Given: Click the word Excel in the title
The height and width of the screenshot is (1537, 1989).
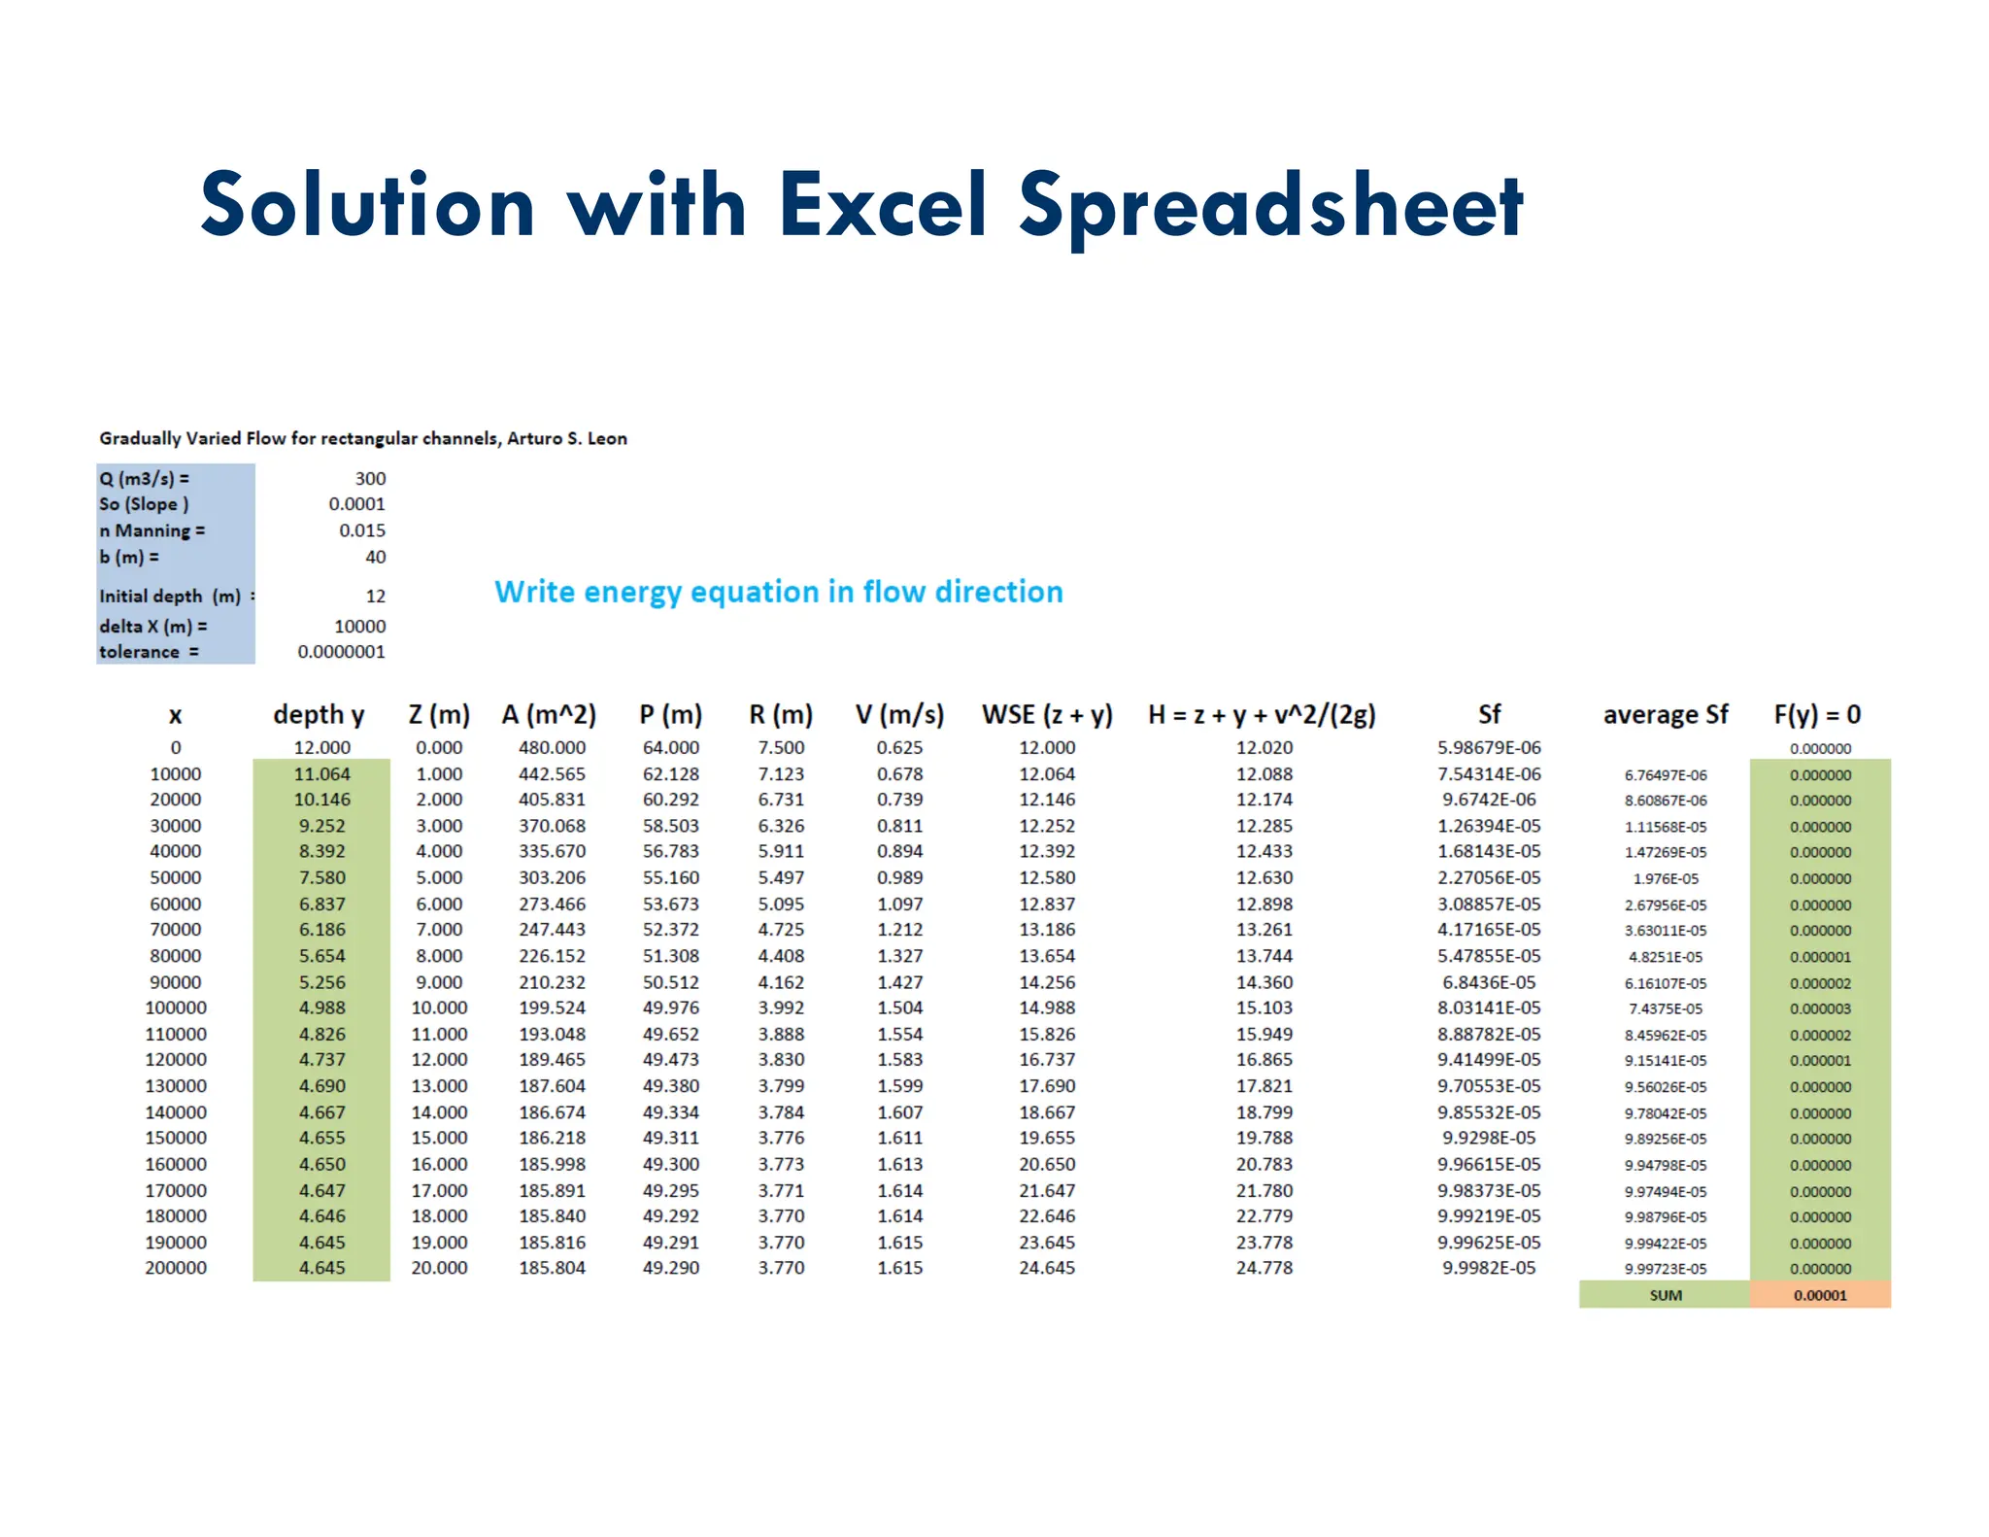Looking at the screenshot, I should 882,205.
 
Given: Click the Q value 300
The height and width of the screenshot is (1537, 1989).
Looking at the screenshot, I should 370,478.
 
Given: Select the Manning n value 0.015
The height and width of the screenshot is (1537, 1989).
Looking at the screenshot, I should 361,530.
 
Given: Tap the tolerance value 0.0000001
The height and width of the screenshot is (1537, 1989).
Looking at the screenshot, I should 341,652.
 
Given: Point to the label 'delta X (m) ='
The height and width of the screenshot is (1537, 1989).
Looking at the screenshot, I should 152,627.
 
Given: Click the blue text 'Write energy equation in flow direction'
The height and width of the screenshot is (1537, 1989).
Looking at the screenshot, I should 778,592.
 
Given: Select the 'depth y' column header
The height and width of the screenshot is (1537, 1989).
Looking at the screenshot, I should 319,715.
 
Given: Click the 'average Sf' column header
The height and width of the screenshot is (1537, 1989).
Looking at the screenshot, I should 1665,715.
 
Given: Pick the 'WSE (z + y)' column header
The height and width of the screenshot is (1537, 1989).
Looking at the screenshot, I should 1046,715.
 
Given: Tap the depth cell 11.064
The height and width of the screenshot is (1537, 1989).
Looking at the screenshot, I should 321,774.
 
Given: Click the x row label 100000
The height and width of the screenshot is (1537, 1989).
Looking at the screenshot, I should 176,1008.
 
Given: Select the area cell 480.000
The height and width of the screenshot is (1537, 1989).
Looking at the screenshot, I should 552,747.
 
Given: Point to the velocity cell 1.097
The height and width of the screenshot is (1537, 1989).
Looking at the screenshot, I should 899,904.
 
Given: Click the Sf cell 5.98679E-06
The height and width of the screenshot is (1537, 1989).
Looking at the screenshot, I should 1488,747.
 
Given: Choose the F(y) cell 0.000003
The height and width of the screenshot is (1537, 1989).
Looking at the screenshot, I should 1820,1008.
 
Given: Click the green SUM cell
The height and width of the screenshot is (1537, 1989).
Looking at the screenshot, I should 1665,1295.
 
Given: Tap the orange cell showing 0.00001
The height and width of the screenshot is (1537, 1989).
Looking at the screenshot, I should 1820,1295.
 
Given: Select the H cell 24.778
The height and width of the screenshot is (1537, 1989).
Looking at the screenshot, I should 1264,1268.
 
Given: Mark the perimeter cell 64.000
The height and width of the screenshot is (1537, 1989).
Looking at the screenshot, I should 670,747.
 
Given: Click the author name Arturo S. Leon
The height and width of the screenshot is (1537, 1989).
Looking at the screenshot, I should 566,438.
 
